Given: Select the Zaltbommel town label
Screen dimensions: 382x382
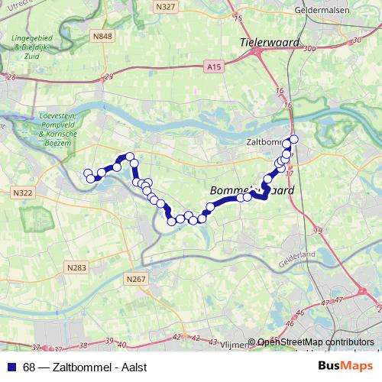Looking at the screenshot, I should point(264,142).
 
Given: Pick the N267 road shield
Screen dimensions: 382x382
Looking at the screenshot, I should point(136,280).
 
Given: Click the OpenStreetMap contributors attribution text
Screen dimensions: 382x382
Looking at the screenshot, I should point(316,343).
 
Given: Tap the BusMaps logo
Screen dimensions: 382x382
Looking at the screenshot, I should point(345,367).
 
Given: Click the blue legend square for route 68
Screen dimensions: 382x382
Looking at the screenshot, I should point(11,367).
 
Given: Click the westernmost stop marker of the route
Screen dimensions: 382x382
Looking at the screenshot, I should point(87,173).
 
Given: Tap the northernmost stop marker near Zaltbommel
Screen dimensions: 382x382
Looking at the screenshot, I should point(293,139).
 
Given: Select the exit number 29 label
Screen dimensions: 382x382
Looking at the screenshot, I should point(109,76).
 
